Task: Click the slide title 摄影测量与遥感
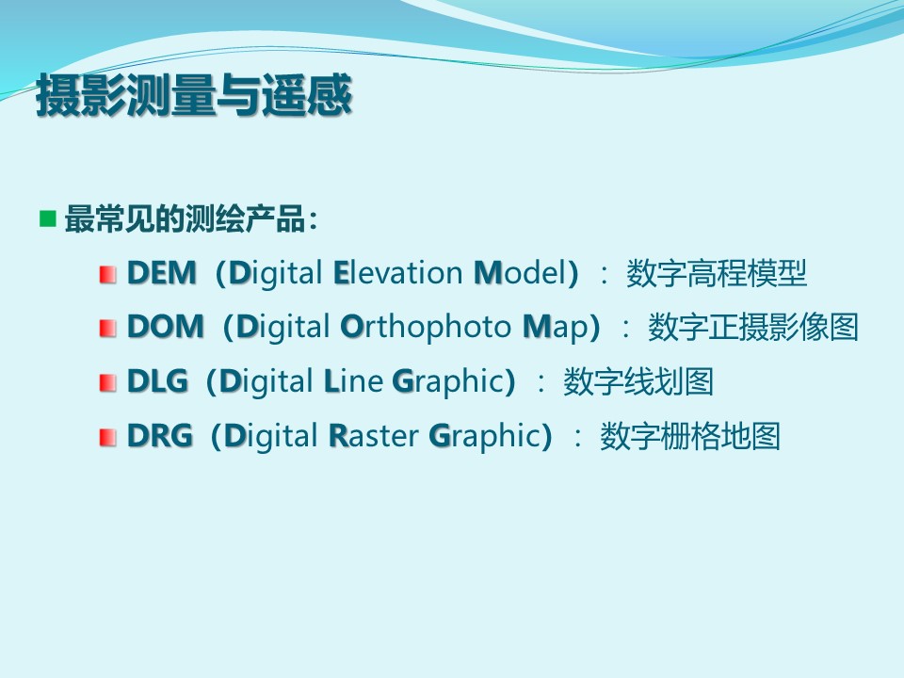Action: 194,95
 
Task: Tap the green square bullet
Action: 48,218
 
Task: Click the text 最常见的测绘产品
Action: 186,219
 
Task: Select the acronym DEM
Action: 161,273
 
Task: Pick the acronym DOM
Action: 166,327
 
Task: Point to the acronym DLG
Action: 157,381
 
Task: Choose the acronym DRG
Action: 160,435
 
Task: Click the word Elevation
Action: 397,273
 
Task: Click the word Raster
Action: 374,435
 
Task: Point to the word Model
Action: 521,273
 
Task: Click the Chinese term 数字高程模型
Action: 716,273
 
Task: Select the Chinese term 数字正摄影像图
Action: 753,327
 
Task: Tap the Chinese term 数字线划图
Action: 638,381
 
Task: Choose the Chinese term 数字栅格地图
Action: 690,435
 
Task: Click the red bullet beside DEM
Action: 107,274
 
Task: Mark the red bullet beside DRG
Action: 107,437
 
